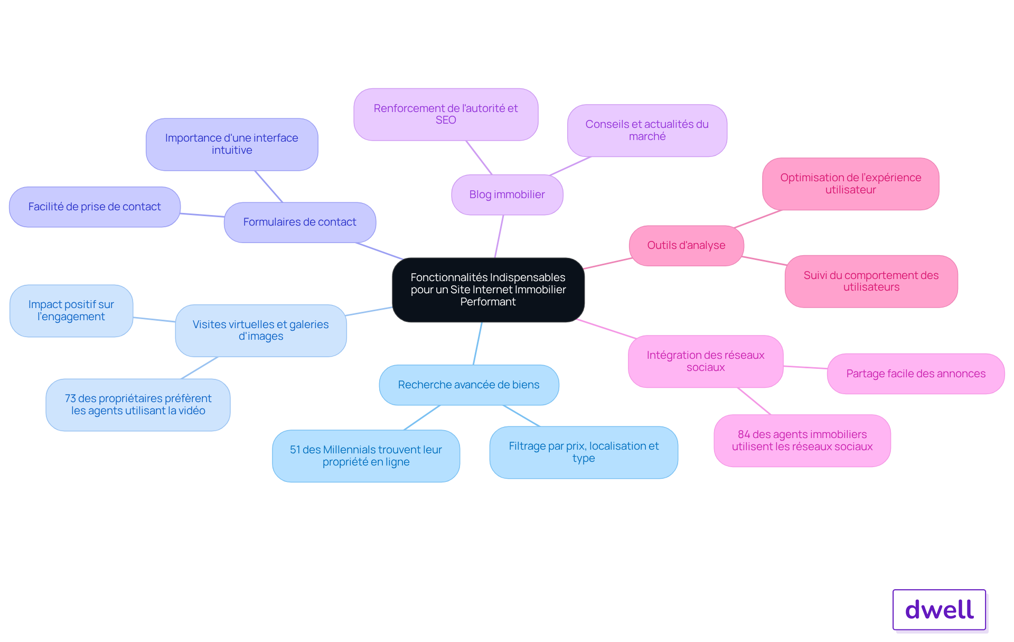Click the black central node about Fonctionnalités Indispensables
(488, 290)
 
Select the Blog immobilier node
(507, 194)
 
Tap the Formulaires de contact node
(300, 222)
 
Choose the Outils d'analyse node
(687, 246)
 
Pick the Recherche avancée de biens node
(469, 385)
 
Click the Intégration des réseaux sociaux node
(706, 361)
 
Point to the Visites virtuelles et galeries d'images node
(261, 331)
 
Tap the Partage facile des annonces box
(916, 374)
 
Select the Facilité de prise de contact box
(95, 207)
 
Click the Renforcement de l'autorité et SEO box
(446, 115)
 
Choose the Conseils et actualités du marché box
(647, 131)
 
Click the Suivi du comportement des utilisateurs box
(871, 282)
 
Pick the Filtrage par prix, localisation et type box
(584, 452)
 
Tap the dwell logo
(939, 610)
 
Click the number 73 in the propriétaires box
(70, 398)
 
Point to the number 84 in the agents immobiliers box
(744, 434)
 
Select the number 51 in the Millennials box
(295, 450)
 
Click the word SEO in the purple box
(446, 120)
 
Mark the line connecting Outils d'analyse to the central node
(607, 263)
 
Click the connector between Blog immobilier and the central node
(499, 236)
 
